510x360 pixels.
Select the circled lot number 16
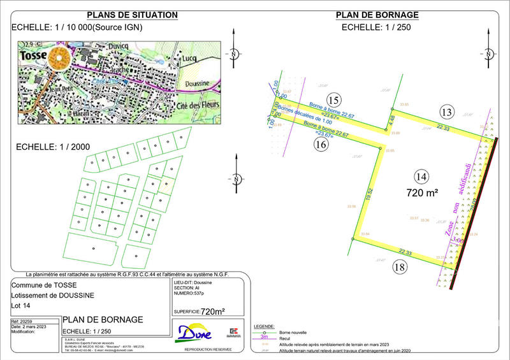point(321,145)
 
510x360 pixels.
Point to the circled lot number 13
point(446,113)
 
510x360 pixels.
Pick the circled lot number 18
point(399,267)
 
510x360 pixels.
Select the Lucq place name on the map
point(189,58)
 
